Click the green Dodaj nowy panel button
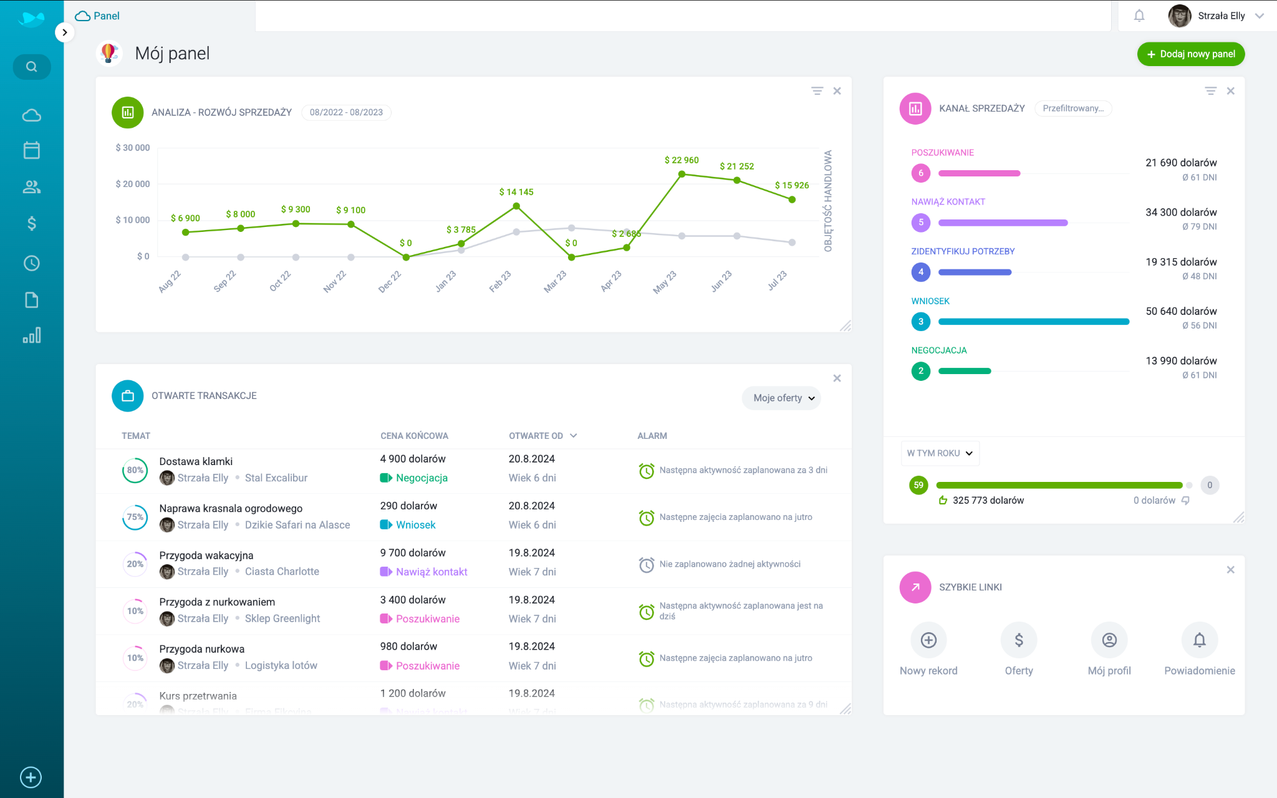pos(1190,54)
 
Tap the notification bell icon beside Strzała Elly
pos(1139,16)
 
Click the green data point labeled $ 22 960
pos(682,175)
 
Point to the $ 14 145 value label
pos(516,192)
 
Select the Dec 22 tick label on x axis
pos(390,282)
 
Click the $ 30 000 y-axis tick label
pos(133,148)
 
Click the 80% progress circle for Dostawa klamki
pos(135,470)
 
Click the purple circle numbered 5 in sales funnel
pos(920,223)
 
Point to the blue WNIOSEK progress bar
pos(1033,322)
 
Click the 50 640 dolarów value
pos(1181,311)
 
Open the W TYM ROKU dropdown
pos(940,453)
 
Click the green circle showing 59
pos(918,485)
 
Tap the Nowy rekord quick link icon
pos(928,640)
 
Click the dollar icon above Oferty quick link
pos(1019,640)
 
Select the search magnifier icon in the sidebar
pos(32,67)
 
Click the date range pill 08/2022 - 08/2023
pos(346,112)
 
